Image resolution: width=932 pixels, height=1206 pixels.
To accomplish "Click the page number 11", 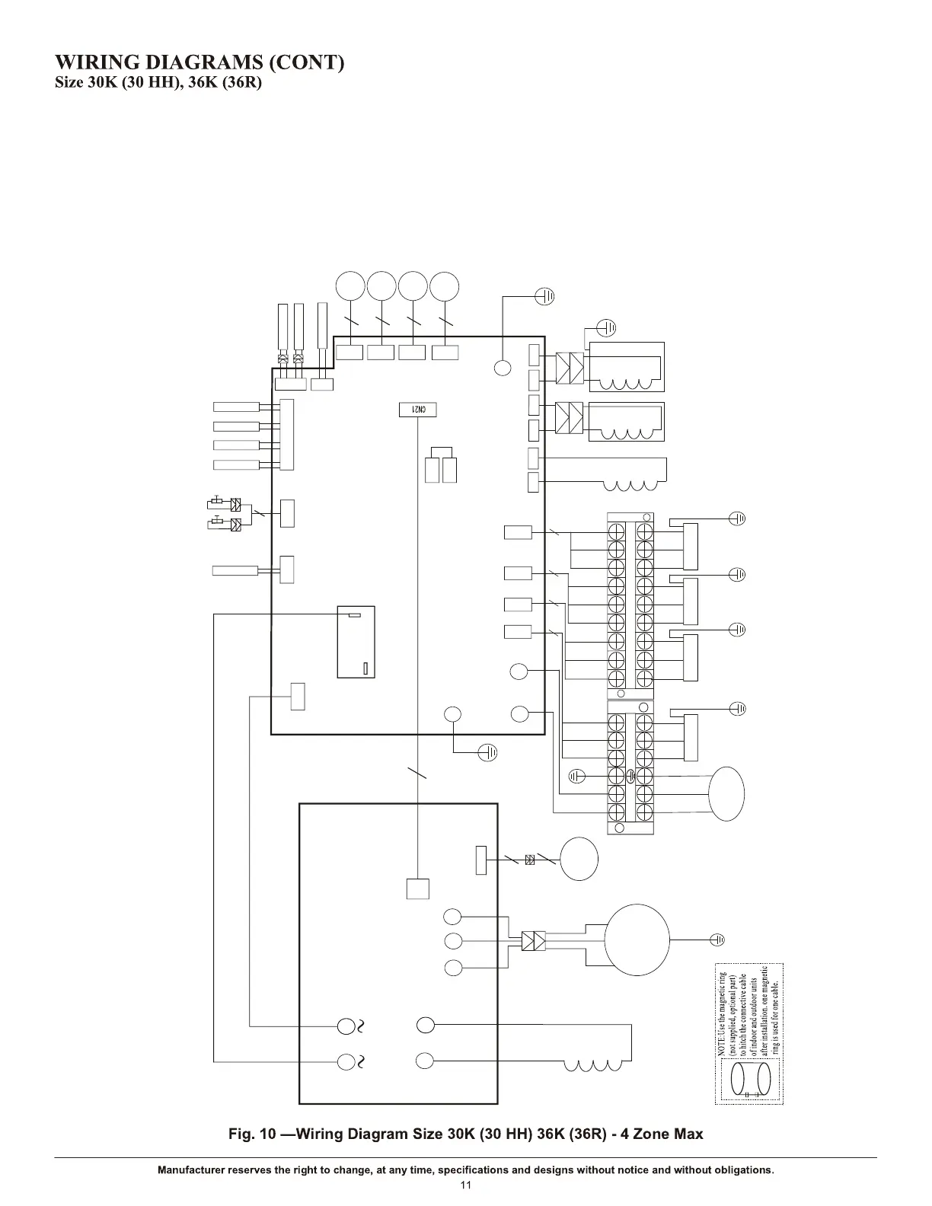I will point(466,1185).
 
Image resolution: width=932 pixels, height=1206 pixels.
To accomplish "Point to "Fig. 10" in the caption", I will point(252,1134).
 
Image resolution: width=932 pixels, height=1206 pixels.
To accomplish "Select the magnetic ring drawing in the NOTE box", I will point(750,1080).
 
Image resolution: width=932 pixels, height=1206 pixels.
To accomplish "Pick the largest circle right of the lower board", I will point(637,940).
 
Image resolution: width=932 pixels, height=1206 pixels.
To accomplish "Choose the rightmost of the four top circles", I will point(445,287).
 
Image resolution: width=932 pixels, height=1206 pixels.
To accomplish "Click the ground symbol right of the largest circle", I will point(717,940).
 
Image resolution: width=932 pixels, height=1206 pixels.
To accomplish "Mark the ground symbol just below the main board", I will point(488,752).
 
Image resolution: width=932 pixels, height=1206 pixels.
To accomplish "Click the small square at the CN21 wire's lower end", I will point(417,889).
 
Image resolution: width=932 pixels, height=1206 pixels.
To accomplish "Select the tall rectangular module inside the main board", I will point(356,641).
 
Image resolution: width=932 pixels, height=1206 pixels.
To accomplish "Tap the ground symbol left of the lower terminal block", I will point(577,776).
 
